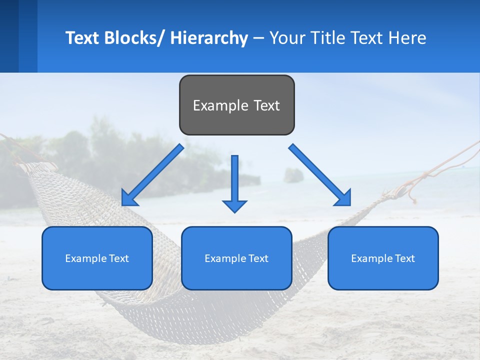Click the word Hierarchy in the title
pos(209,38)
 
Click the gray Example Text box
pos(236,105)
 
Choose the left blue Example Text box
pos(97,258)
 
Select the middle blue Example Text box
pos(236,258)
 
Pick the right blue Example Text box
pos(383,258)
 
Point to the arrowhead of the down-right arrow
pos(344,198)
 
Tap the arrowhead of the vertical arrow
pos(235,206)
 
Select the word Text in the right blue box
pos(404,258)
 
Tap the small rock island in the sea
pos(293,175)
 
